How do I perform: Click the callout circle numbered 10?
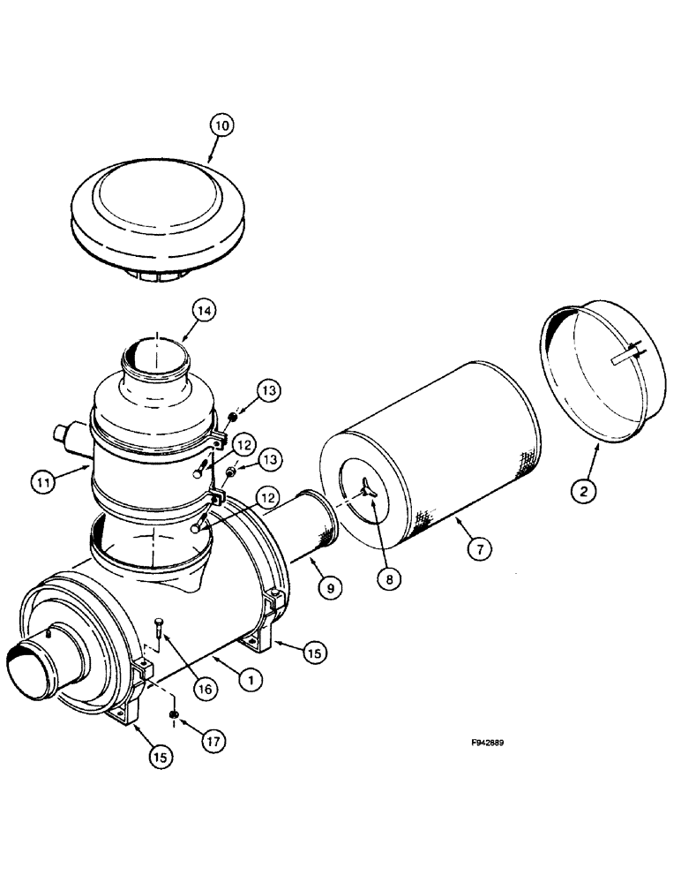(222, 126)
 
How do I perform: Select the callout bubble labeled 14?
(205, 311)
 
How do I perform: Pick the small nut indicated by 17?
(173, 713)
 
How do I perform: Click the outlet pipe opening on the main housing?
(26, 667)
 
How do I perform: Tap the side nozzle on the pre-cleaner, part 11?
(68, 433)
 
